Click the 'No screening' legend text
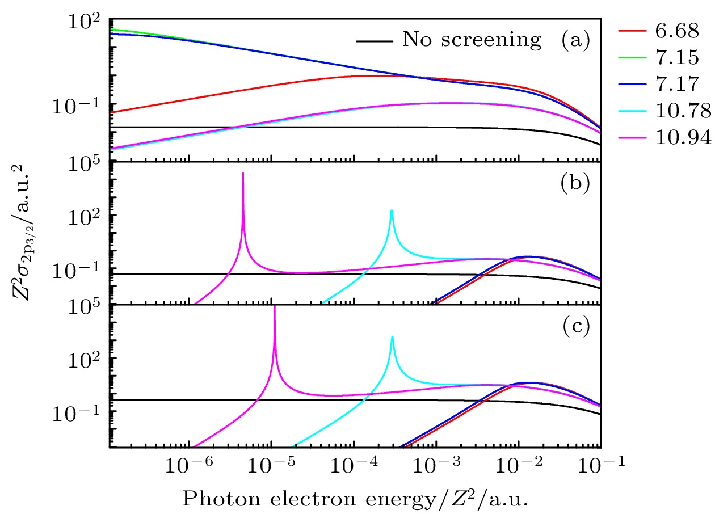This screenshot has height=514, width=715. [472, 40]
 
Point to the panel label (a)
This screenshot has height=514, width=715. [575, 40]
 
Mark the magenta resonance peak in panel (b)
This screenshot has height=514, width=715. [243, 174]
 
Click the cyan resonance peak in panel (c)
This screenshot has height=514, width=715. [392, 337]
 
